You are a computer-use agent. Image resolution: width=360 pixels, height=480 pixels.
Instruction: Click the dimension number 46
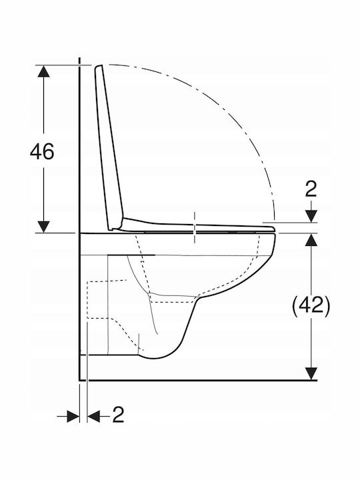click(x=42, y=151)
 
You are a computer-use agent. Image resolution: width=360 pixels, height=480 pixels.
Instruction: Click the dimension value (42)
click(x=311, y=305)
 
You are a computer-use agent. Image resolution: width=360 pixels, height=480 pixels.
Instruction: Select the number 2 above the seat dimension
click(x=311, y=189)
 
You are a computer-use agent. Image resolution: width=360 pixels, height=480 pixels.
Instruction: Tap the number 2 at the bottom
click(x=118, y=415)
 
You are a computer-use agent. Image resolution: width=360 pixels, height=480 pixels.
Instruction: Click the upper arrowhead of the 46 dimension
click(x=44, y=71)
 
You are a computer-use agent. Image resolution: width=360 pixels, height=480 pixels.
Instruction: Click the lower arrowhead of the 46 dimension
click(x=44, y=227)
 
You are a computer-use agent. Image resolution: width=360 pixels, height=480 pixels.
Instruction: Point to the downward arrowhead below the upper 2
click(x=311, y=216)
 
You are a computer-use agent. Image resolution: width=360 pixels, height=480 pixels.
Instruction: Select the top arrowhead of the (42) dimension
click(x=311, y=239)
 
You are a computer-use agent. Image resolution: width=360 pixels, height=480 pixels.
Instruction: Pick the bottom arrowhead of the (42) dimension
click(x=311, y=374)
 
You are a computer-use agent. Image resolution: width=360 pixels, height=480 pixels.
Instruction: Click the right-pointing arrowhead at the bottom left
click(x=73, y=416)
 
